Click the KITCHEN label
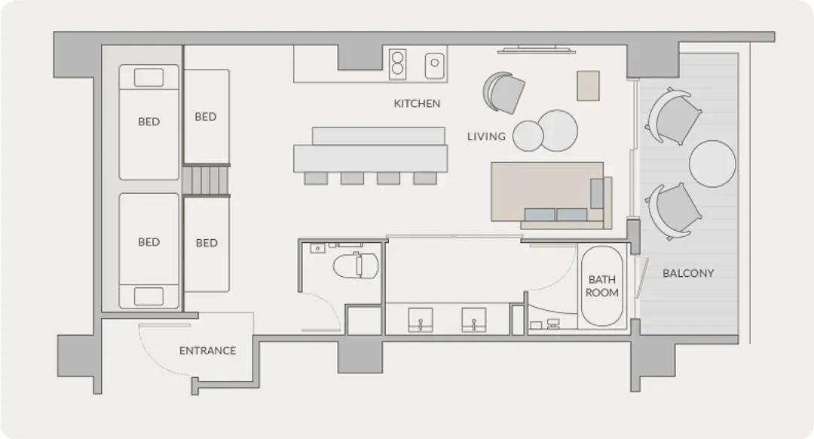pyautogui.click(x=417, y=103)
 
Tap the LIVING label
pyautogui.click(x=486, y=137)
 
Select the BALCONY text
pyautogui.click(x=688, y=273)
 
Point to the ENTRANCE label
pyautogui.click(x=208, y=351)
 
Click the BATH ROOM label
pyautogui.click(x=601, y=287)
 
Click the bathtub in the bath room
pyautogui.click(x=601, y=286)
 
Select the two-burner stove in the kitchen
pyautogui.click(x=398, y=64)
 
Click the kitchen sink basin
pyautogui.click(x=435, y=66)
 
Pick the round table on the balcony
pyautogui.click(x=712, y=164)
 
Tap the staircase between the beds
pyautogui.click(x=206, y=180)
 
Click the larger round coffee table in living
pyautogui.click(x=558, y=130)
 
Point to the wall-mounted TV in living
pyautogui.click(x=537, y=51)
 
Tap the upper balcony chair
pyautogui.click(x=673, y=115)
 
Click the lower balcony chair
pyautogui.click(x=673, y=211)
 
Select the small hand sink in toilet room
pyautogui.click(x=317, y=248)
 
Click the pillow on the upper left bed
pyautogui.click(x=149, y=78)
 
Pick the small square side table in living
pyautogui.click(x=588, y=86)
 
